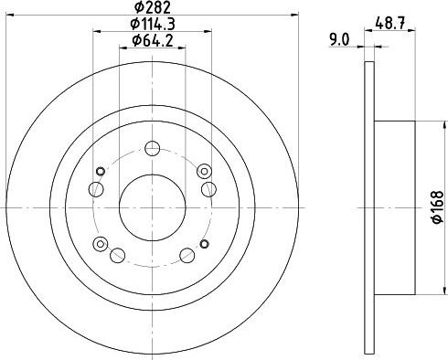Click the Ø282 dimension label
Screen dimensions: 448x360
pos(153,7)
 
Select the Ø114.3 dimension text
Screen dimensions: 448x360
pos(153,24)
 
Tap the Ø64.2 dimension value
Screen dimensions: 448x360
pos(153,40)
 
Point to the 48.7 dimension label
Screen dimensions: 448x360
pos(390,23)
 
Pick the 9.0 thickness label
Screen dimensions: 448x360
pos(339,40)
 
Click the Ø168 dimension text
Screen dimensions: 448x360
pos(438,207)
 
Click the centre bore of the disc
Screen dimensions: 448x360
pos(152,207)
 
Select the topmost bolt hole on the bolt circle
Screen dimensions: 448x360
pos(152,148)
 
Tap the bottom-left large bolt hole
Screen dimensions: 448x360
pos(117,255)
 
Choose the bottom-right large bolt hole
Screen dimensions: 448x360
pos(187,255)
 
